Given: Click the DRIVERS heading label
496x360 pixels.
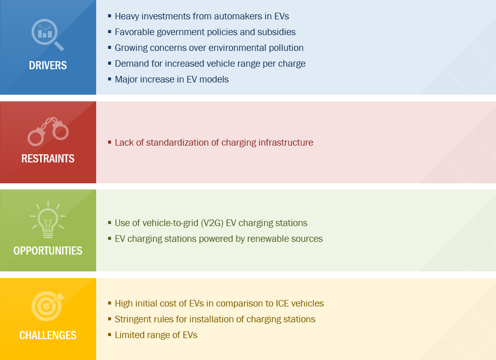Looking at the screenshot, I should (x=48, y=66).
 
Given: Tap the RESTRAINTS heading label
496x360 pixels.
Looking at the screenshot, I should (x=48, y=158).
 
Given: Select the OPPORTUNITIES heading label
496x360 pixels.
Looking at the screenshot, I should (x=48, y=251).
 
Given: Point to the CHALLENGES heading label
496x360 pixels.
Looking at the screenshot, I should (x=48, y=335).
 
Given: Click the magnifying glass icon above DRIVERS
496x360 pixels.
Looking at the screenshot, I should (x=47, y=35).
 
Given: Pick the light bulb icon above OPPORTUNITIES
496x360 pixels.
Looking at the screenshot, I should (x=48, y=220).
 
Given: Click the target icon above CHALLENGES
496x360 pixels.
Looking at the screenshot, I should (x=47, y=305).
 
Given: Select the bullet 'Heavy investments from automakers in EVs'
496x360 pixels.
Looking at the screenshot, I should (x=201, y=16).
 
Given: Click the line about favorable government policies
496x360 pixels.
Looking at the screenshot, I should (x=205, y=32).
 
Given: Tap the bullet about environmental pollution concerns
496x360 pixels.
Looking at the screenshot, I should (x=209, y=48).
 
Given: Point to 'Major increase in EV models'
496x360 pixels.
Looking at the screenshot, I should (x=171, y=79).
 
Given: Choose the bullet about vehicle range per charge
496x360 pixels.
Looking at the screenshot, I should (x=210, y=64).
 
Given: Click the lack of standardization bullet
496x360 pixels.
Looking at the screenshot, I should (x=214, y=143).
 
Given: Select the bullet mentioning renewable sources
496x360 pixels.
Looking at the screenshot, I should (x=218, y=239).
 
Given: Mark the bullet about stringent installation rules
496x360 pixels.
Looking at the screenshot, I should (x=215, y=319).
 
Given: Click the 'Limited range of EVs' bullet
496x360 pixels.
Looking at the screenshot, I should (x=156, y=335).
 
